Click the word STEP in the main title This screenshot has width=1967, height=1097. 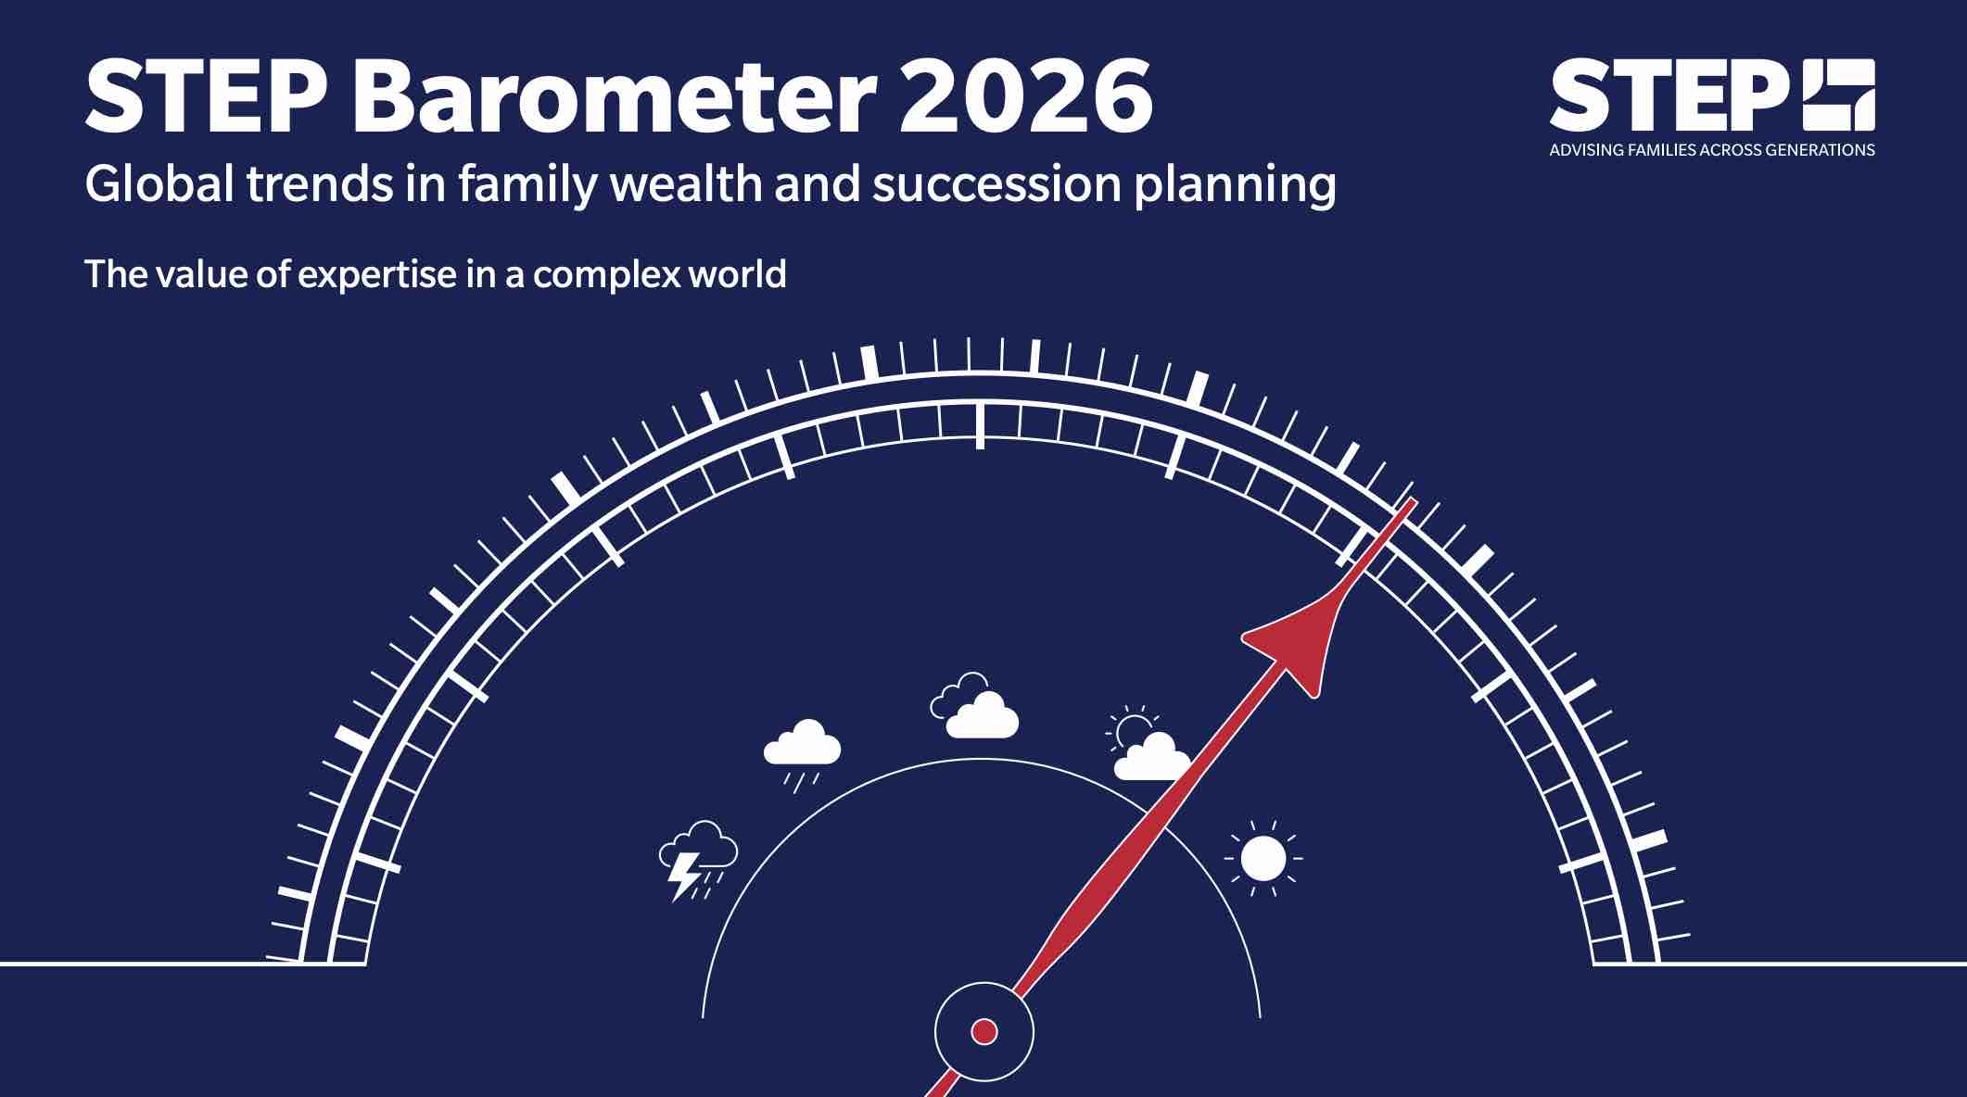coord(206,95)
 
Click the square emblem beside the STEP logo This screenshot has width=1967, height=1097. coord(1837,95)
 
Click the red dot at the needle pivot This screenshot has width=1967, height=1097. coord(983,1031)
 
